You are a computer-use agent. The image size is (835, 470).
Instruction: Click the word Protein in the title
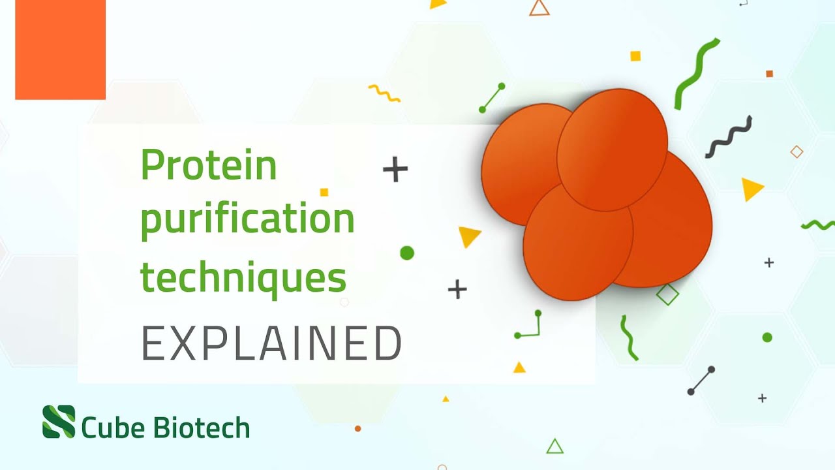(x=209, y=164)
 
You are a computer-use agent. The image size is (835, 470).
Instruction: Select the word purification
(x=247, y=221)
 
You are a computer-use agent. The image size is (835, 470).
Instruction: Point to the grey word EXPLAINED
(x=271, y=343)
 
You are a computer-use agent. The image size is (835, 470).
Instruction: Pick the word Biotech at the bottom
(x=202, y=428)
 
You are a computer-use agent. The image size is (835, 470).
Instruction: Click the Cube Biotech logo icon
(x=59, y=422)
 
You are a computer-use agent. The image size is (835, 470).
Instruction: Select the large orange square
(x=60, y=50)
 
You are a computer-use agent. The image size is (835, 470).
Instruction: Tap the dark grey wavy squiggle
(x=729, y=137)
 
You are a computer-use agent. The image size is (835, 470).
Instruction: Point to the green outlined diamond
(x=667, y=294)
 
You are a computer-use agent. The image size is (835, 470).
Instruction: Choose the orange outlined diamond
(x=797, y=152)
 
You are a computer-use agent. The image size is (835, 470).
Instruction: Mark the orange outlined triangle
(x=539, y=7)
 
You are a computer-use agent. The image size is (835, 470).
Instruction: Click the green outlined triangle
(x=554, y=446)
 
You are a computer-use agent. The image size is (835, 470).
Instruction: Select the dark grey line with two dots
(x=701, y=381)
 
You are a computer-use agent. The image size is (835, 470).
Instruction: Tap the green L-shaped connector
(x=530, y=326)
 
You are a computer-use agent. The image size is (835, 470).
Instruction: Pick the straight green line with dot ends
(x=492, y=98)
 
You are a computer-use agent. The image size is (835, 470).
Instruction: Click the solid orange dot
(x=357, y=429)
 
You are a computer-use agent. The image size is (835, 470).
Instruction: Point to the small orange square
(x=770, y=74)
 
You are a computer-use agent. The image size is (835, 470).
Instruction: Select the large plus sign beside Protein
(x=395, y=170)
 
